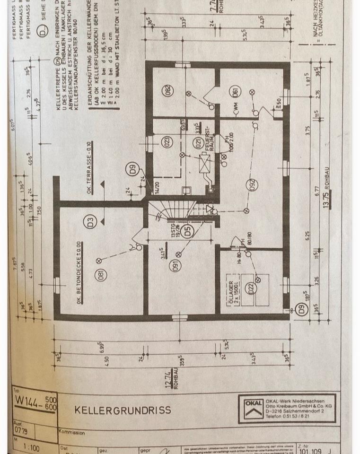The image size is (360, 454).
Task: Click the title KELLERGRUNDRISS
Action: (123, 410)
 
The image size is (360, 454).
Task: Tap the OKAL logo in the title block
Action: (253, 409)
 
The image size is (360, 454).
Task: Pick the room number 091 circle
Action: (176, 265)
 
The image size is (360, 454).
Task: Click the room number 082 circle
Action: (168, 90)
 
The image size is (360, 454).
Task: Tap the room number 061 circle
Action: (235, 92)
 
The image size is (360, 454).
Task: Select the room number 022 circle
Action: (251, 287)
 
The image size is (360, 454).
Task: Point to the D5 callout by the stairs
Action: (188, 232)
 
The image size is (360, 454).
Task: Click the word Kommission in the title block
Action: (71, 433)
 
